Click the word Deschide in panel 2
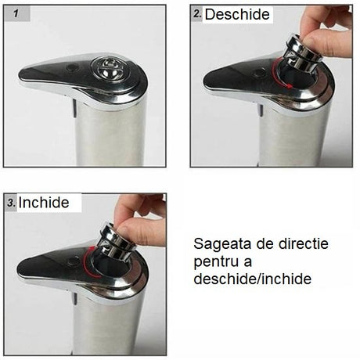pyautogui.click(x=237, y=15)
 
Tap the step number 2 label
pyautogui.click(x=198, y=14)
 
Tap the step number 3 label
pyautogui.click(x=11, y=202)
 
